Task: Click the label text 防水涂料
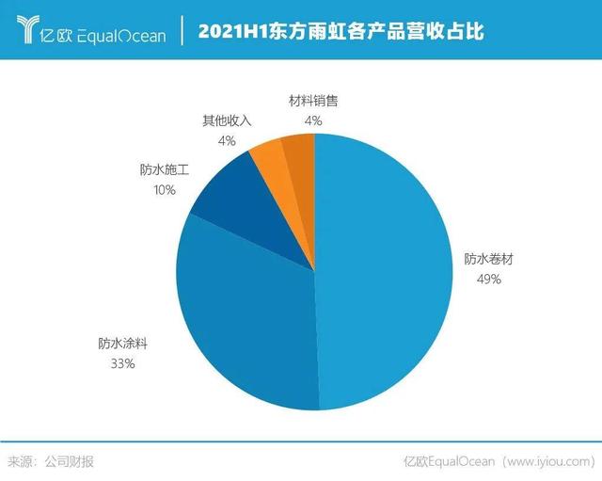pos(122,344)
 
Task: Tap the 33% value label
pos(122,363)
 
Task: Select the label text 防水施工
pos(165,170)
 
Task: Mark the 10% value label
pos(165,189)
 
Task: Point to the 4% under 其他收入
pos(226,140)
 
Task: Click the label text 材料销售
pos(312,101)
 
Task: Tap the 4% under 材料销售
pos(312,120)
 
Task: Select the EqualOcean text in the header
pos(119,36)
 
